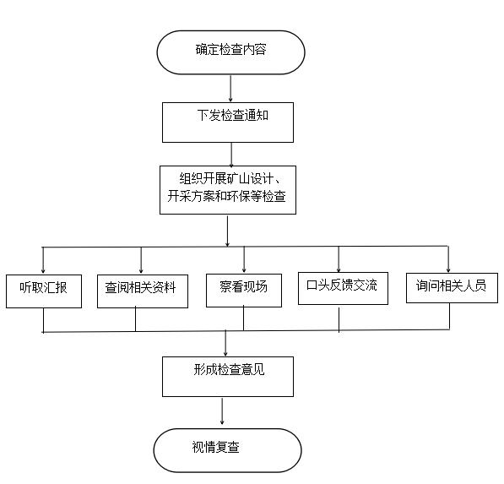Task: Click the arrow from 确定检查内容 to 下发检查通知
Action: coord(230,89)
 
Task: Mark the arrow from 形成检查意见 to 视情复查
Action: coord(222,411)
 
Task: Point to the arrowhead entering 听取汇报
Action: coord(43,271)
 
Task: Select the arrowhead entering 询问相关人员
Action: coord(448,269)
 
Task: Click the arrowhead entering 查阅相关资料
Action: coord(141,271)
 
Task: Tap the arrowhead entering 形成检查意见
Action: coord(225,353)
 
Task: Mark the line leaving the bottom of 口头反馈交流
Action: coord(339,318)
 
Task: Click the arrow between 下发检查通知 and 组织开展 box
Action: coord(231,154)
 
